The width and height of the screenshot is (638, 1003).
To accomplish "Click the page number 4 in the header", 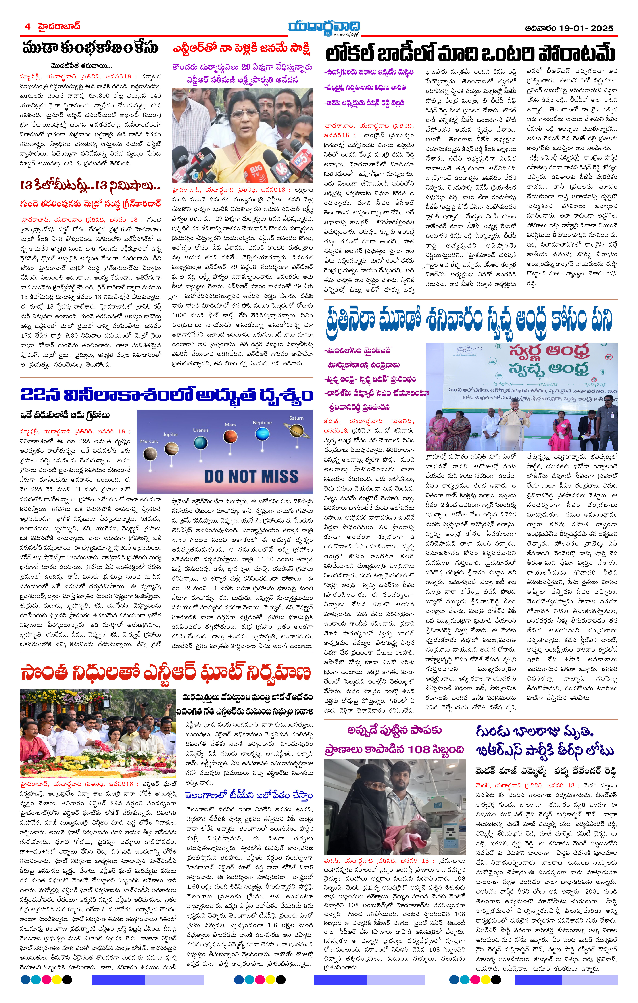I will pyautogui.click(x=27, y=27).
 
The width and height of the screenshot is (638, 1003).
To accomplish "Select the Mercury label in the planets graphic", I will pyautogui.click(x=149, y=441).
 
